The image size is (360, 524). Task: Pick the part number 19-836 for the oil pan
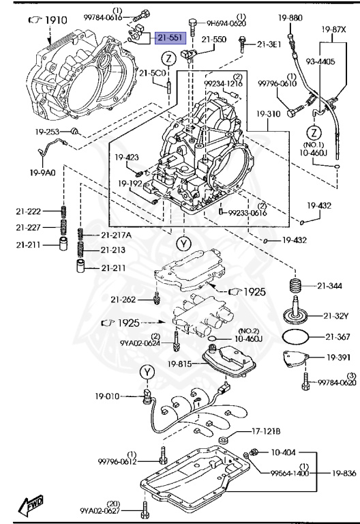344,472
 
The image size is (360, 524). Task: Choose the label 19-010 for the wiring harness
108,395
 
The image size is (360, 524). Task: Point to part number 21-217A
117,235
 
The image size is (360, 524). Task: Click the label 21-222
29,212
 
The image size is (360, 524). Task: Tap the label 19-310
270,113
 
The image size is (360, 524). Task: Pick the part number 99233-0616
247,212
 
